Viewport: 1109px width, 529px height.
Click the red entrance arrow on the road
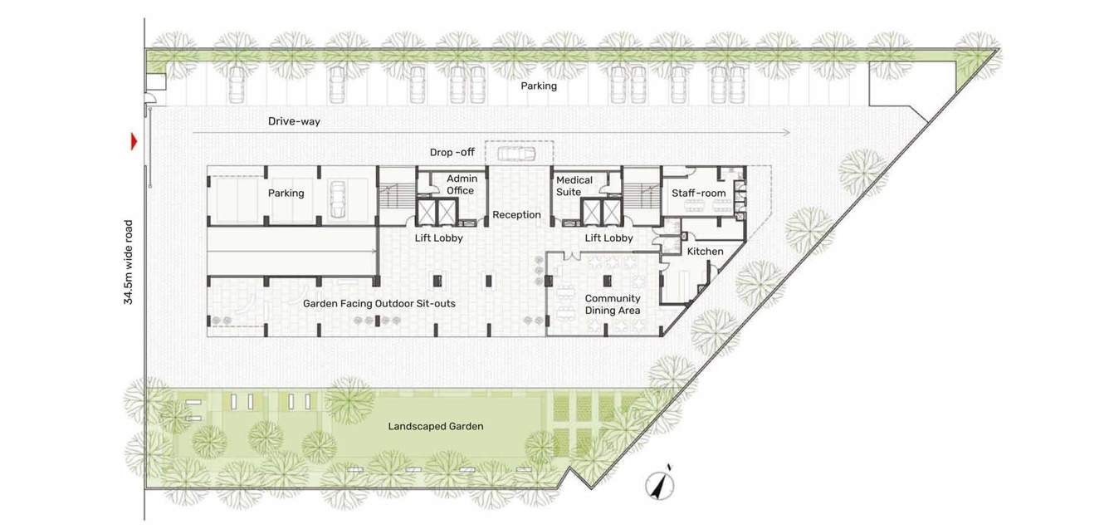(133, 142)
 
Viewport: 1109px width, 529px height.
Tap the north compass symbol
(662, 484)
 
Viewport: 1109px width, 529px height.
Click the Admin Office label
(461, 184)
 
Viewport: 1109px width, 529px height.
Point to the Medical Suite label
(574, 186)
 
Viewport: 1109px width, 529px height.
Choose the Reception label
(516, 215)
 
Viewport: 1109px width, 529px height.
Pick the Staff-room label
(699, 193)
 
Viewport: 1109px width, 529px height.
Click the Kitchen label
(705, 252)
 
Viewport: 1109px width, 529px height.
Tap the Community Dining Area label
(613, 305)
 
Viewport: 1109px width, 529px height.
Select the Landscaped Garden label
(436, 427)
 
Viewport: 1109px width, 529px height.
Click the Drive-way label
(294, 121)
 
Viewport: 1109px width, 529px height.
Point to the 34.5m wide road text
(129, 262)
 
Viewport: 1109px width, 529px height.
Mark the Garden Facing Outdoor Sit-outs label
(379, 304)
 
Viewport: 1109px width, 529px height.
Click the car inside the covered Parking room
(338, 200)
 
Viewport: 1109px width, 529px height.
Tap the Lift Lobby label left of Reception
(438, 238)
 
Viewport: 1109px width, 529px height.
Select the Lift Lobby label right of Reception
(608, 238)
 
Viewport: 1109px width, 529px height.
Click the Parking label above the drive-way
(539, 86)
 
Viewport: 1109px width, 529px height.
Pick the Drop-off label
(452, 153)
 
